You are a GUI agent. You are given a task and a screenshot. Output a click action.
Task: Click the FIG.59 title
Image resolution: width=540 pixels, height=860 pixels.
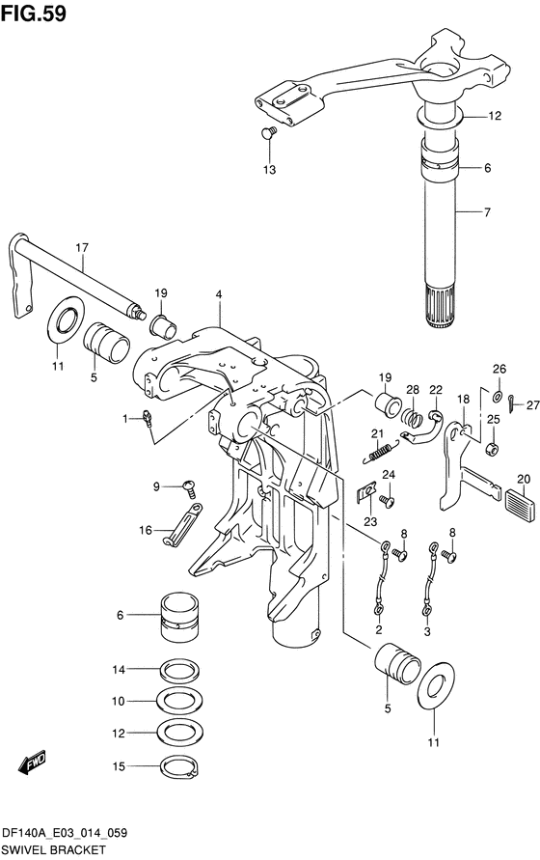[34, 14]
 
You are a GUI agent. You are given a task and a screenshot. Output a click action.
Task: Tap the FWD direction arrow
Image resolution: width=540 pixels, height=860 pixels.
[33, 763]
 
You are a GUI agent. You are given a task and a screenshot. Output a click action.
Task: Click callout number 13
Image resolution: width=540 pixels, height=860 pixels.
[269, 170]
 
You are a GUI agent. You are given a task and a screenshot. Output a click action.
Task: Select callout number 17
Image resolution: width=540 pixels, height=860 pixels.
[82, 248]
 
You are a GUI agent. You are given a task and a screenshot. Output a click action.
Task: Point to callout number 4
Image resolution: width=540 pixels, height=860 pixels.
[219, 294]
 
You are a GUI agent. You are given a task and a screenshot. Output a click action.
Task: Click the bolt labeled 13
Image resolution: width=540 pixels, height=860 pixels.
[269, 132]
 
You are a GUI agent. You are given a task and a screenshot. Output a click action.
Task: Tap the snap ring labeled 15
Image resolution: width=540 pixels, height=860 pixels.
[179, 766]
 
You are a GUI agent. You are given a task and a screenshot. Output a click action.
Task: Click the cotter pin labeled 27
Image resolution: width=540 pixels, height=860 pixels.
[510, 404]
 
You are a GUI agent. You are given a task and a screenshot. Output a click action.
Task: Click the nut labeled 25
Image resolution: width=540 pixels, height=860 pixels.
[493, 449]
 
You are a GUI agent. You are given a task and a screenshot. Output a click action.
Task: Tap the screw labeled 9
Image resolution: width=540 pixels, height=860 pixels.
[190, 487]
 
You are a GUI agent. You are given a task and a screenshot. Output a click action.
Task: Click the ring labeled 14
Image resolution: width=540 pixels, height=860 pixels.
[179, 670]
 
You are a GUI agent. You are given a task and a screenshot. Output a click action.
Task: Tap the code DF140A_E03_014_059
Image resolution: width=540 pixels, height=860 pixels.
[65, 833]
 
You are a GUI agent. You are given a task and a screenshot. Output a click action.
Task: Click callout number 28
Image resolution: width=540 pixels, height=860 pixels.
[413, 390]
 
